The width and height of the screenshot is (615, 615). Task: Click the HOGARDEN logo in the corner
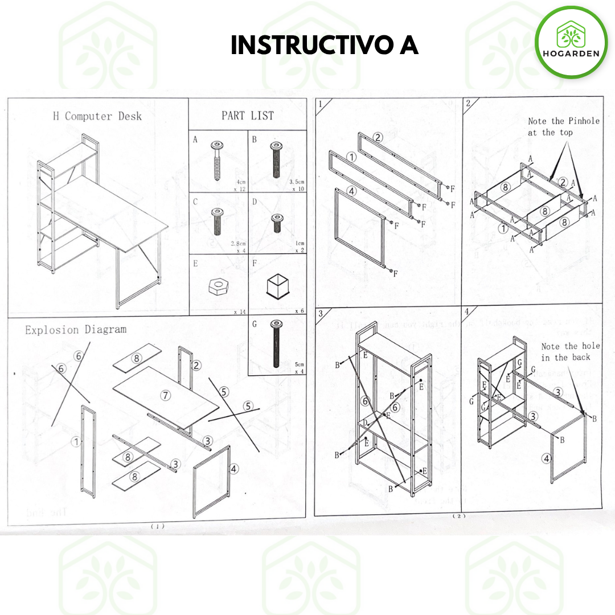tap(571, 42)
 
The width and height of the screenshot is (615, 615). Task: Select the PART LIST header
tap(248, 116)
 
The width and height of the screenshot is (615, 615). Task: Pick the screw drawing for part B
tap(276, 161)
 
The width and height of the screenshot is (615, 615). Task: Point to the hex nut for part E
tap(217, 286)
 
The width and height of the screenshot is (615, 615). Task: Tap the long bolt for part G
tap(276, 345)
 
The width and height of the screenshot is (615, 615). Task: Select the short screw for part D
tap(277, 223)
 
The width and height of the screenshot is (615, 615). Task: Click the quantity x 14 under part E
tap(239, 312)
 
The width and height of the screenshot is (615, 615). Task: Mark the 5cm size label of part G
tap(299, 364)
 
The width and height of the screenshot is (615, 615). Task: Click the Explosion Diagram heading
tap(76, 330)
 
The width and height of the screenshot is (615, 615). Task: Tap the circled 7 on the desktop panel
tap(166, 395)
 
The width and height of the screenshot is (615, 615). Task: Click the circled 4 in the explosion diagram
tap(234, 469)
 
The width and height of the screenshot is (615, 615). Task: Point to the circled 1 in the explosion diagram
tap(75, 441)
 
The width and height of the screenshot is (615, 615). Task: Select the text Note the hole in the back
tap(570, 351)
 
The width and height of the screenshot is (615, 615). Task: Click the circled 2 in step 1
tap(379, 137)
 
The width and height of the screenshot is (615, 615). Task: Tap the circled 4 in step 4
tap(546, 458)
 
